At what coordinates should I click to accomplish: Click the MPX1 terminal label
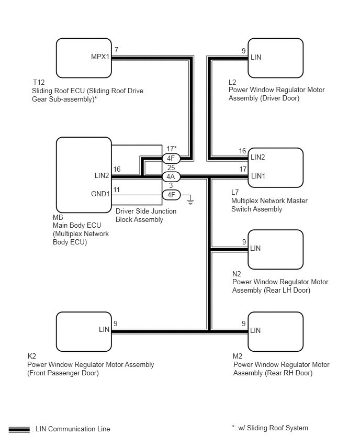pyautogui.click(x=100, y=57)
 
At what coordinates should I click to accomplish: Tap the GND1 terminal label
pyautogui.click(x=100, y=194)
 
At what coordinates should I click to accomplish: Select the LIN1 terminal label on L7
pyautogui.click(x=258, y=176)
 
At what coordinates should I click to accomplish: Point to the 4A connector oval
pyautogui.click(x=171, y=176)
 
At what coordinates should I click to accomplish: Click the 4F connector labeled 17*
pyautogui.click(x=171, y=159)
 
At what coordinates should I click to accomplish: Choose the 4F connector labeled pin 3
pyautogui.click(x=171, y=195)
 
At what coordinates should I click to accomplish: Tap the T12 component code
pyautogui.click(x=39, y=82)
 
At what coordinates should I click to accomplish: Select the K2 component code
pyautogui.click(x=31, y=356)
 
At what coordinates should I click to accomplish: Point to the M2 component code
pyautogui.click(x=238, y=356)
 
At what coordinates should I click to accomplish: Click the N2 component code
pyautogui.click(x=237, y=274)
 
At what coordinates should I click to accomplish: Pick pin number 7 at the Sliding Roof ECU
pyautogui.click(x=116, y=50)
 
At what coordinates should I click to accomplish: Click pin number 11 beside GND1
pyautogui.click(x=116, y=189)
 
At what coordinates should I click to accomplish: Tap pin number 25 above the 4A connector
pyautogui.click(x=171, y=168)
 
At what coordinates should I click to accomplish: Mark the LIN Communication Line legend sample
pyautogui.click(x=19, y=429)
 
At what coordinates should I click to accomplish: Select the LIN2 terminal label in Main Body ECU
pyautogui.click(x=102, y=175)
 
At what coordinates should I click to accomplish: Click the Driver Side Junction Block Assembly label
pyautogui.click(x=146, y=215)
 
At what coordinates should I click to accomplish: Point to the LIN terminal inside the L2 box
pyautogui.click(x=256, y=57)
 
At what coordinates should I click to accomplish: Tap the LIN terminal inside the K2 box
pyautogui.click(x=104, y=329)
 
